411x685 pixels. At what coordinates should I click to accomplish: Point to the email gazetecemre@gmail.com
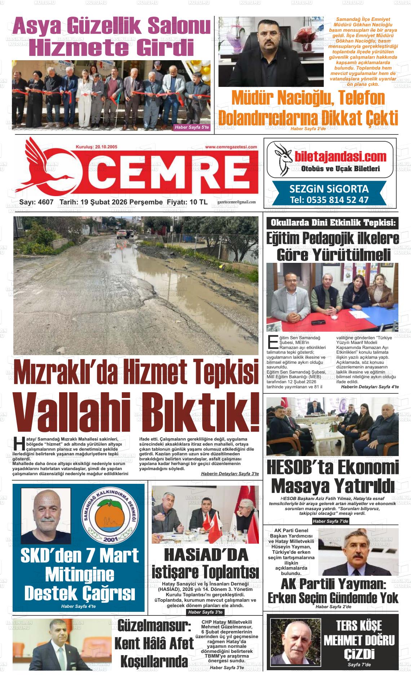coord(237,202)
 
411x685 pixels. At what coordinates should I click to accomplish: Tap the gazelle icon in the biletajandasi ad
coord(283,157)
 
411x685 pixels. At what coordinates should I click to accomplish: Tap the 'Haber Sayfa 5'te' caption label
coord(191,127)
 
